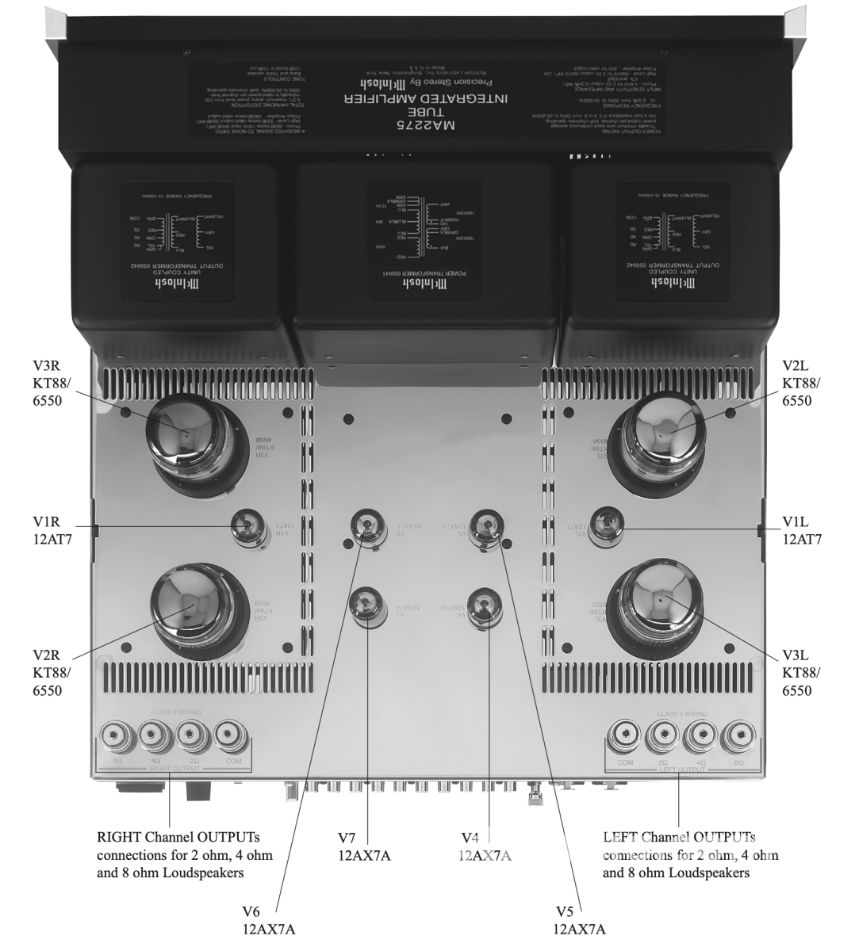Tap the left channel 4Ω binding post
click(x=699, y=738)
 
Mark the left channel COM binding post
click(x=623, y=738)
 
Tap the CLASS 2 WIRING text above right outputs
click(x=176, y=713)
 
